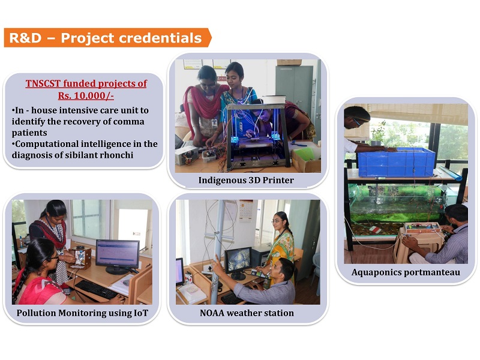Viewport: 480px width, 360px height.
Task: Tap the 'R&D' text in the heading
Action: coord(25,38)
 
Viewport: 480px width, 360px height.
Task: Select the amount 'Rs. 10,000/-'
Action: coord(86,95)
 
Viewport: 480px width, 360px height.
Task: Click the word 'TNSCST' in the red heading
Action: coord(43,83)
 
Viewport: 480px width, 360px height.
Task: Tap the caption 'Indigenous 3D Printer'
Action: coord(246,180)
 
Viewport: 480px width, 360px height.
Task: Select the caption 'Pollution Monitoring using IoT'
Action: coord(82,313)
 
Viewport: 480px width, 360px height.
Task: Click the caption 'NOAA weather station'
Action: coord(247,313)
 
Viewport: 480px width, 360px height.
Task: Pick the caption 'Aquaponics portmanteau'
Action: coord(406,272)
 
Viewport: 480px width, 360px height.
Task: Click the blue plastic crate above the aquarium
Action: coord(396,162)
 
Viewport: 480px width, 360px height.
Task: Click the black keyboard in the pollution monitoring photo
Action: coord(95,289)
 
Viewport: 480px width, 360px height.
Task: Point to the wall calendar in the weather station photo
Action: coord(245,211)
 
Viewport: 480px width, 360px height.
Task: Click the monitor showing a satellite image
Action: coord(238,262)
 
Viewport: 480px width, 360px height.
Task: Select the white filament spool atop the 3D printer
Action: coord(274,100)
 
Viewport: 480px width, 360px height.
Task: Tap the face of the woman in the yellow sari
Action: coord(277,220)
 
